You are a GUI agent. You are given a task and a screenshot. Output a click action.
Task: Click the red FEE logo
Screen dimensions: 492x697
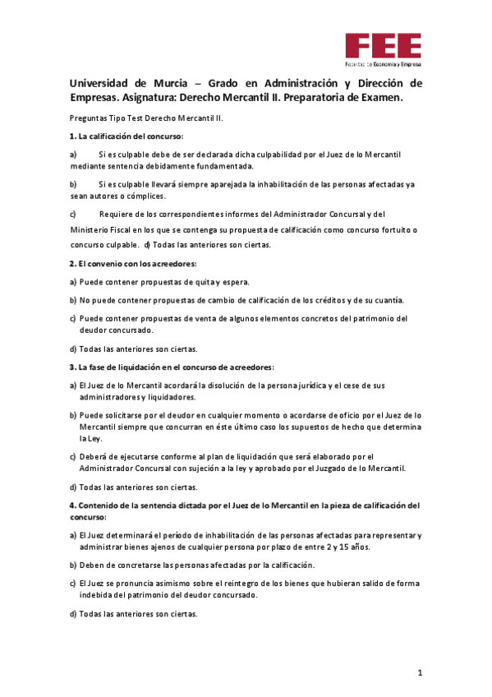[383, 48]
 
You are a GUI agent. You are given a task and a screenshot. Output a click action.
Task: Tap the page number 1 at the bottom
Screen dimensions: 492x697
[419, 673]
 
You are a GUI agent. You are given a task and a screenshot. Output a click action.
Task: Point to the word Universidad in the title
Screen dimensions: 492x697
[99, 83]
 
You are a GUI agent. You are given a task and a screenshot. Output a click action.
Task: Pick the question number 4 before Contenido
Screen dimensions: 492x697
[71, 505]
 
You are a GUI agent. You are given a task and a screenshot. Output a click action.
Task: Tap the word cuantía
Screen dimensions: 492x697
[384, 299]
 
